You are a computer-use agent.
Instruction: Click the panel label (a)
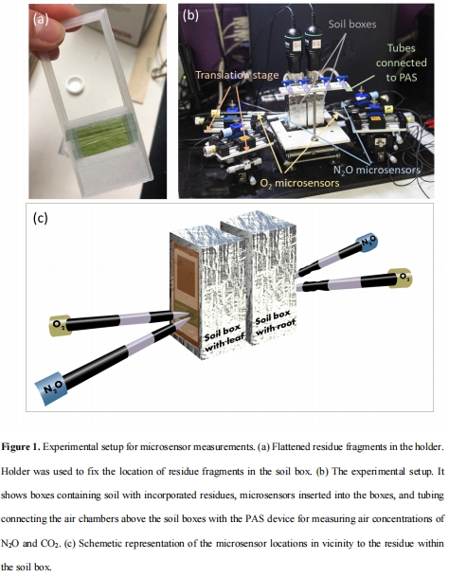coord(41,19)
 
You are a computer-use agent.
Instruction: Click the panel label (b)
coord(190,15)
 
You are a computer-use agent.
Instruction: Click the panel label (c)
coord(41,218)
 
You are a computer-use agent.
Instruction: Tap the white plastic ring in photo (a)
coord(75,84)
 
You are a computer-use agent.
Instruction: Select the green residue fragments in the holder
coord(101,136)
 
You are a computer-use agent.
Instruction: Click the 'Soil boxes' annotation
coord(352,25)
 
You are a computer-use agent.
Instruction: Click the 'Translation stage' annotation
coord(237,75)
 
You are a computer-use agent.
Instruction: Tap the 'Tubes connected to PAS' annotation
coord(401,63)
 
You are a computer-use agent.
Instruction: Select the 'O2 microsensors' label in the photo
coord(300,183)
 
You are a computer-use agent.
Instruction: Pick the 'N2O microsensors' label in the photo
coord(377,170)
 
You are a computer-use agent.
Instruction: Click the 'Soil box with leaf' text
coord(224,338)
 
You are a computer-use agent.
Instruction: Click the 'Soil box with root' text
coord(276,322)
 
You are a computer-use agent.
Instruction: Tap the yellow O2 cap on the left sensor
coord(60,325)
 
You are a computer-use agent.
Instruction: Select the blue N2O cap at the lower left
coord(51,388)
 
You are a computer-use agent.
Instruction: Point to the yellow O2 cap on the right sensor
coord(401,279)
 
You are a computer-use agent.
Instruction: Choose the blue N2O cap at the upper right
coord(368,243)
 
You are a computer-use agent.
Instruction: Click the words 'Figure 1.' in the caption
coord(21,447)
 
